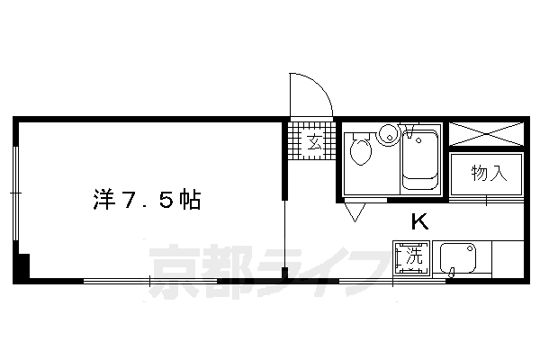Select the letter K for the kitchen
coord(419,221)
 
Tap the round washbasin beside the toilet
coord(389,135)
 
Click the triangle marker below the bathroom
coord(354,213)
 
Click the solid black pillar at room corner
coord(22,267)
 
